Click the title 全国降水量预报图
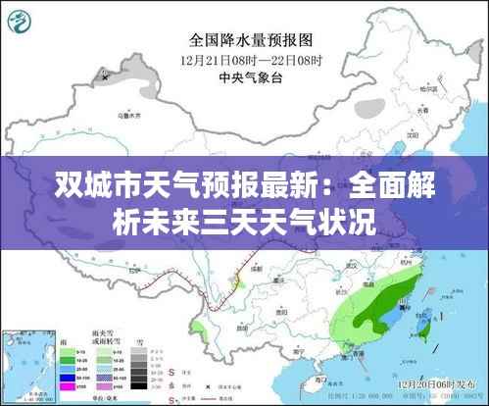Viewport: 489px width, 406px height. [250, 40]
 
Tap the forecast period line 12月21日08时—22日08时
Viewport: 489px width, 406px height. [250, 60]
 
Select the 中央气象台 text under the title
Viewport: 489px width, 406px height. [250, 77]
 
